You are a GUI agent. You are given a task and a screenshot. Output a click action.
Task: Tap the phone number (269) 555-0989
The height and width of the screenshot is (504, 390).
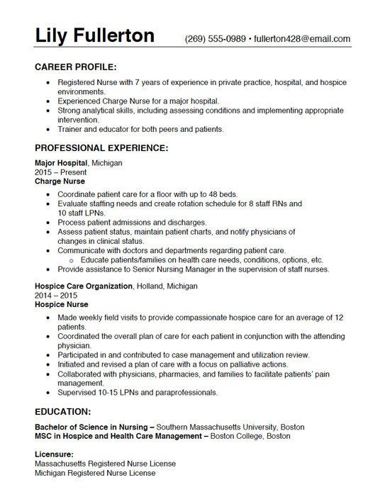tap(216, 39)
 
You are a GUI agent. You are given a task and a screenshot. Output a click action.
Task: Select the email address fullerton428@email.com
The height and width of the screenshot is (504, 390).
tap(302, 39)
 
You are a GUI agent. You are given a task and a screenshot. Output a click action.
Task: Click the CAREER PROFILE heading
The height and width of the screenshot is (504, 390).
tap(76, 67)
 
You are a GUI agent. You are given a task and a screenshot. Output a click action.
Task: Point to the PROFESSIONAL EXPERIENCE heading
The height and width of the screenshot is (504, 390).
tap(101, 148)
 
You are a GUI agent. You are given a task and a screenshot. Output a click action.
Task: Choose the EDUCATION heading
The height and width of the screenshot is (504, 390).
tap(62, 411)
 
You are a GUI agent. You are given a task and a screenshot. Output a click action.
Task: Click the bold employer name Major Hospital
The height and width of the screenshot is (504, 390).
tap(61, 163)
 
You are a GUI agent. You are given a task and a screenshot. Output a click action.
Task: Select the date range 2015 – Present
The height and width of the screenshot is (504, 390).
tap(60, 172)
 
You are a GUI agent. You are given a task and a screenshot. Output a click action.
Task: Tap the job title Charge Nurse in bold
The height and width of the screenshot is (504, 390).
tap(60, 181)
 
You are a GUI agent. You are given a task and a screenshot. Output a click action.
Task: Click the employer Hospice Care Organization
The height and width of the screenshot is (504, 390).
tap(84, 286)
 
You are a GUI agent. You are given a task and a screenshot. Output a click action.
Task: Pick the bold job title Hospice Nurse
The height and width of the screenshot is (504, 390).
tap(62, 305)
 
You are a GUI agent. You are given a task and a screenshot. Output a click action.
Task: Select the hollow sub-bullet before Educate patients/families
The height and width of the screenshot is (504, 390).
tap(72, 260)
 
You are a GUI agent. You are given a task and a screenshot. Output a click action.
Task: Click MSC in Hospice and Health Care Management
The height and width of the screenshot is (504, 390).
tap(118, 437)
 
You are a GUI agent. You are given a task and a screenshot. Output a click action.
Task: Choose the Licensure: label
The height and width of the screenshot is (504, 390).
tap(54, 454)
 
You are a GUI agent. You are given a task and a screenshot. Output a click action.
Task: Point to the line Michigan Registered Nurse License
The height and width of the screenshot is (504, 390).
tap(95, 473)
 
